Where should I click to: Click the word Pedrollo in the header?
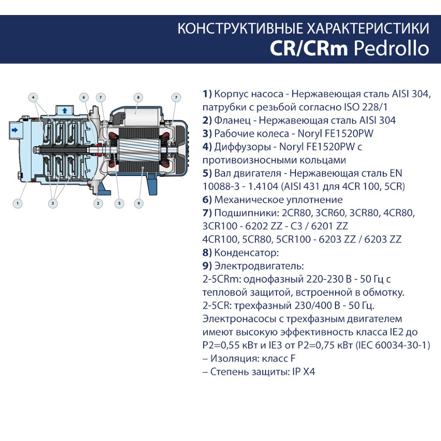[x=391, y=48]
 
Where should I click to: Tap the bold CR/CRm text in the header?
[x=309, y=48]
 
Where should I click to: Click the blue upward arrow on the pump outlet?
[x=65, y=110]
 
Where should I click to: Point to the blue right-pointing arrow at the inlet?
[x=15, y=130]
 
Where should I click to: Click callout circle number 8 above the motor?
[x=138, y=98]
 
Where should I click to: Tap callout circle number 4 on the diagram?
[x=33, y=98]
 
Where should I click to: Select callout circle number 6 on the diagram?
[x=84, y=98]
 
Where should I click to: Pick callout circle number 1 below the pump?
[x=18, y=203]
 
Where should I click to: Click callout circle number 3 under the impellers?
[x=53, y=203]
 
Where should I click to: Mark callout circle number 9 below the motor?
[x=139, y=203]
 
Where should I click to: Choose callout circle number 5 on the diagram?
[x=119, y=203]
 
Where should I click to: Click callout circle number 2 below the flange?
[x=98, y=203]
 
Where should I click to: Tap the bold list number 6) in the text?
[x=207, y=200]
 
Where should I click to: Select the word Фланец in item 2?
[x=232, y=120]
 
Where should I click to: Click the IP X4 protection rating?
[x=304, y=371]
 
